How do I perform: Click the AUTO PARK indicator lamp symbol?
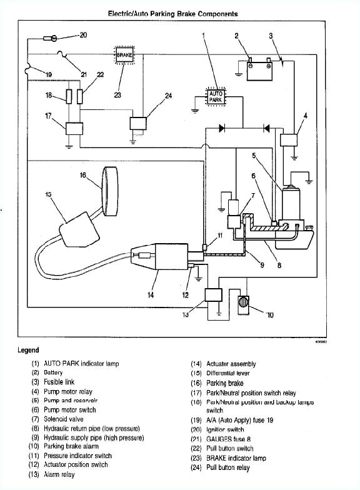pyautogui.click(x=215, y=97)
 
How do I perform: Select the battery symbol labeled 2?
pyautogui.click(x=259, y=71)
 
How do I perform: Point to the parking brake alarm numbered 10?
pyautogui.click(x=243, y=303)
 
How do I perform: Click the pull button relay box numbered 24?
pyautogui.click(x=138, y=123)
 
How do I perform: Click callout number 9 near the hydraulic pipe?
pyautogui.click(x=262, y=265)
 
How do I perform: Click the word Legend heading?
pyautogui.click(x=28, y=350)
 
